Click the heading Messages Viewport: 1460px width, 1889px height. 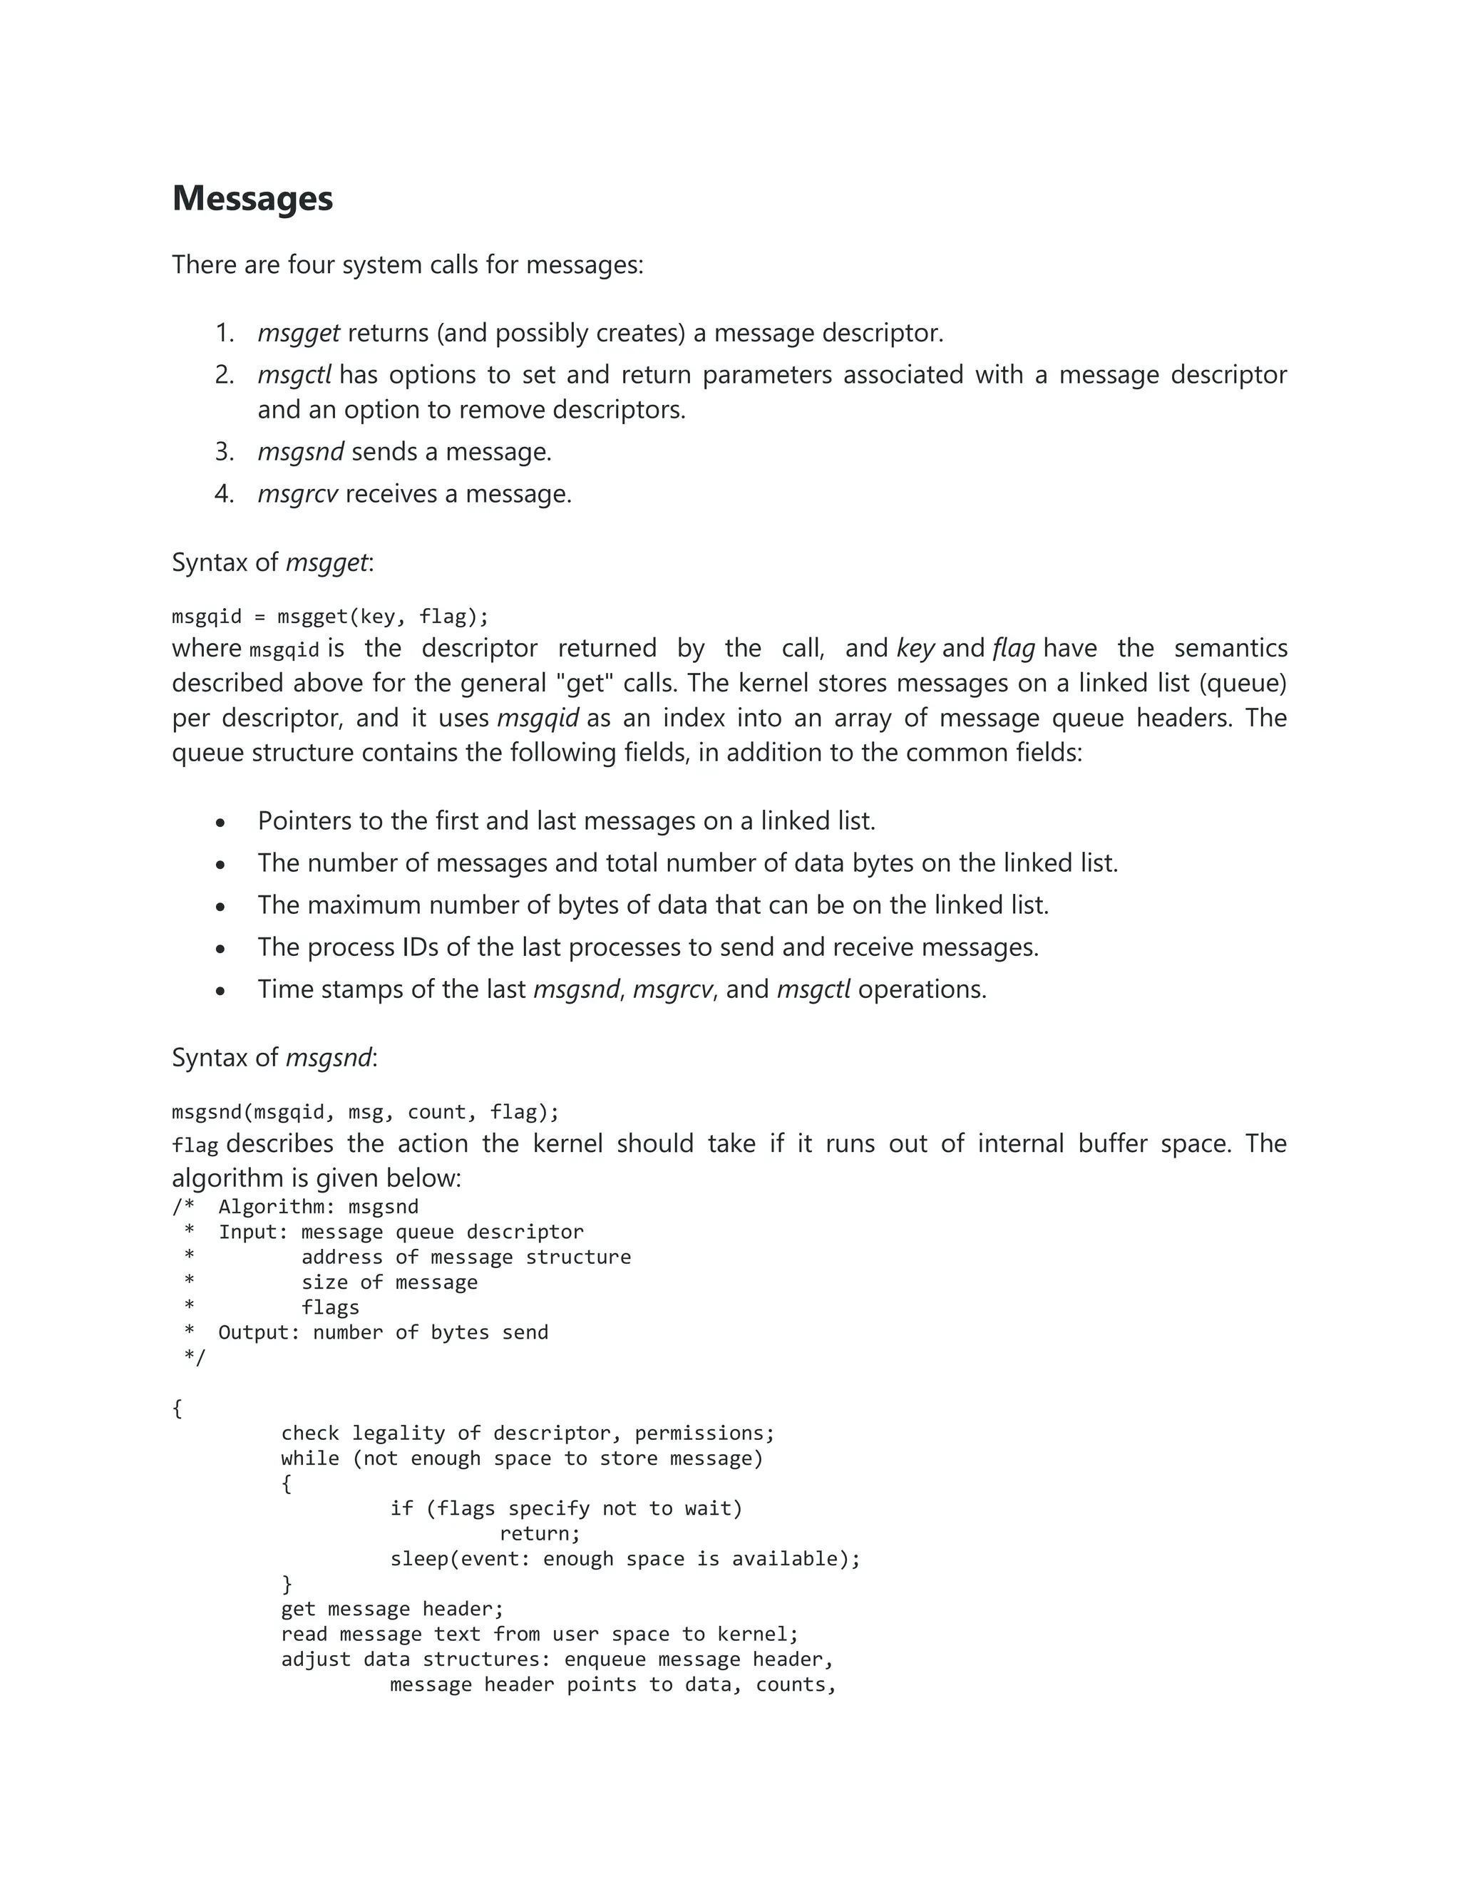[252, 198]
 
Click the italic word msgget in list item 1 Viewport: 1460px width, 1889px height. [299, 333]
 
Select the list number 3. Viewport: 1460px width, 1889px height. [224, 451]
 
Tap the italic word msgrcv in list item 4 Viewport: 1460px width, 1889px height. [297, 494]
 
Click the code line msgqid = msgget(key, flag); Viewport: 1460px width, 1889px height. [330, 617]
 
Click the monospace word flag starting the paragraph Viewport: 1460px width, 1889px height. [195, 1146]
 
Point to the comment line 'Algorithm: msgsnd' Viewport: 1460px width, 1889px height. [317, 1208]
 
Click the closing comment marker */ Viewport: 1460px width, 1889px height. [195, 1358]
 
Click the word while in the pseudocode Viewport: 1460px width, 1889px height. [309, 1459]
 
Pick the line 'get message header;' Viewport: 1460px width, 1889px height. [392, 1610]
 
